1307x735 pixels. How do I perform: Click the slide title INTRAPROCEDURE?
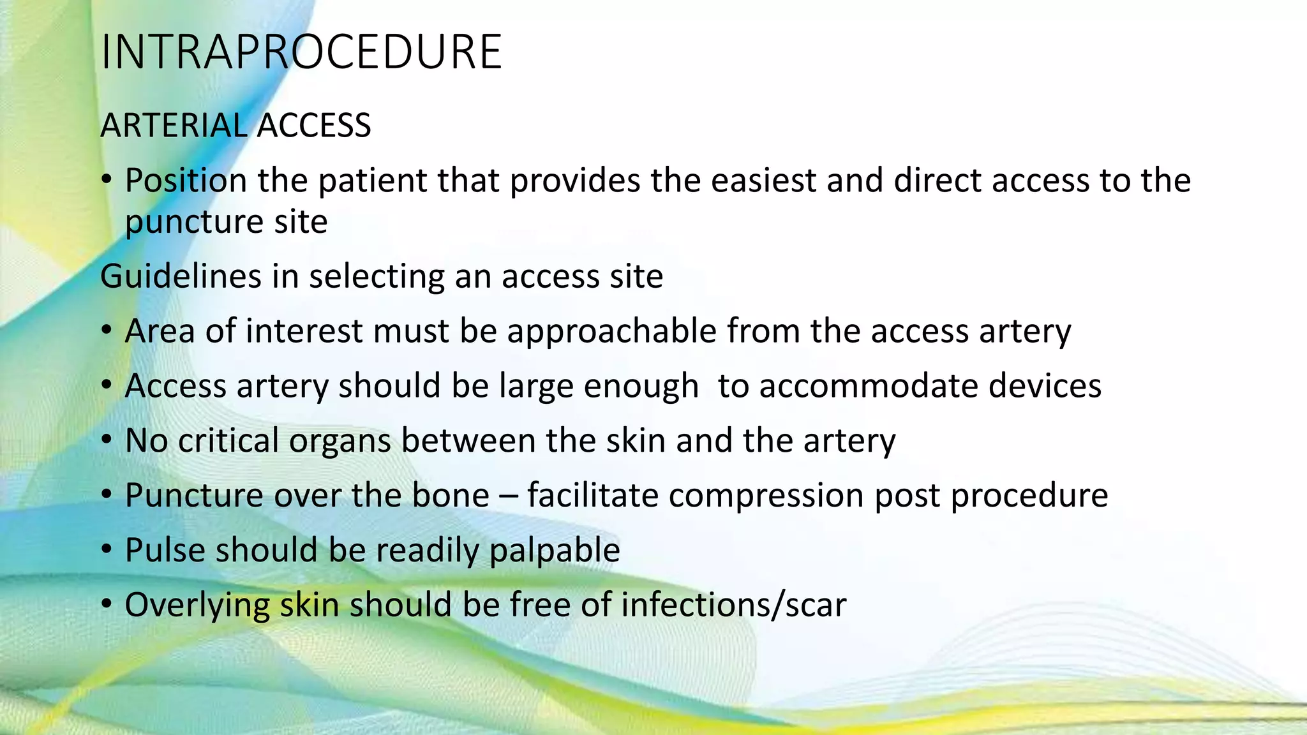coord(301,52)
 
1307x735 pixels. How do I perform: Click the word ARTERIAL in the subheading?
coord(173,125)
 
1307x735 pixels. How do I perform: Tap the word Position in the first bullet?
coord(185,181)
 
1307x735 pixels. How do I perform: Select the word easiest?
coord(763,181)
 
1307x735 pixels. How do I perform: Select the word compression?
coord(766,496)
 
